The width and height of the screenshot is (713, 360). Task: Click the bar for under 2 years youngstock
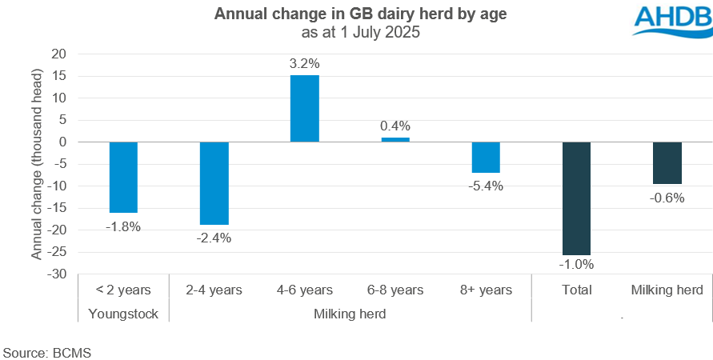[123, 177]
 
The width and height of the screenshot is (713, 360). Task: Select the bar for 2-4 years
[214, 183]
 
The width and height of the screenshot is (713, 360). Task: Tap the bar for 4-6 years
[304, 109]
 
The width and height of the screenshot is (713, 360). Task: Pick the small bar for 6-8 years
[395, 140]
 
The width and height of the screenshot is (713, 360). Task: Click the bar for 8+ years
[486, 157]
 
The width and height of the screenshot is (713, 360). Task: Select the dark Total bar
[576, 198]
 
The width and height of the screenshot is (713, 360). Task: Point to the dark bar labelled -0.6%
[667, 162]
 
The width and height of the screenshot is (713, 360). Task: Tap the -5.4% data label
[486, 186]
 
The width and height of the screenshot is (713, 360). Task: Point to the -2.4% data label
[214, 237]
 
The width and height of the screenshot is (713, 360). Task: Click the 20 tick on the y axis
[59, 54]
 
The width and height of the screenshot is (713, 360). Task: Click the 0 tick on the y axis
[62, 142]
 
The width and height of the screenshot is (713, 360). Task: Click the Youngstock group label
[123, 314]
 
